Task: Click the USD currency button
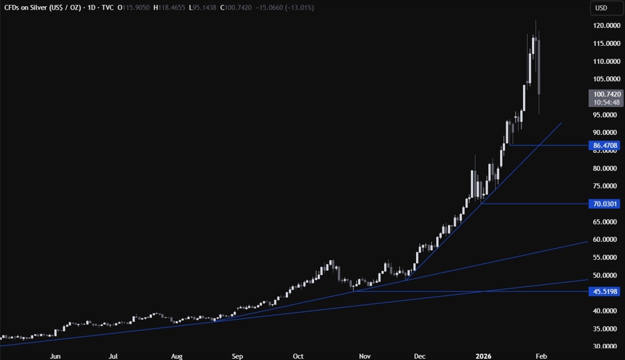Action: click(601, 8)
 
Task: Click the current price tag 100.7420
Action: click(601, 93)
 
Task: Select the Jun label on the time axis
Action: click(55, 355)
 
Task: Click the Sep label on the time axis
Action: click(237, 355)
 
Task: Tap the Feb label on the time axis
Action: click(541, 355)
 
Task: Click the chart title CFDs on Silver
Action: click(42, 8)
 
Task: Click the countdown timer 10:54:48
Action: click(601, 102)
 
